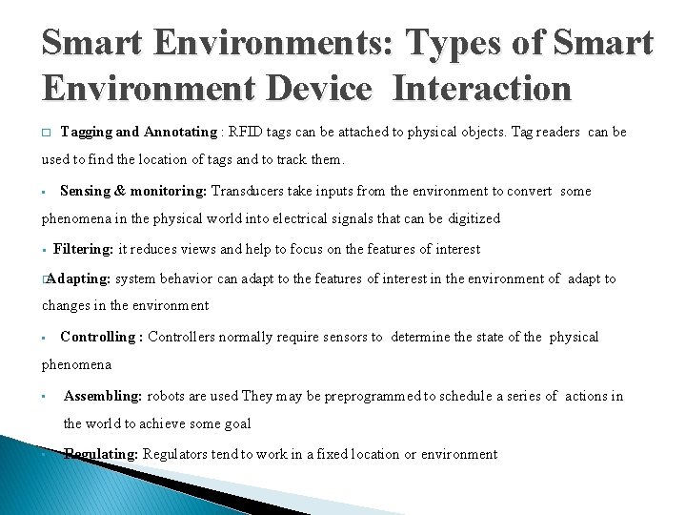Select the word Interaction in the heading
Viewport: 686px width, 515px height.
(481, 89)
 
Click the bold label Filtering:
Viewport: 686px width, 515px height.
(84, 249)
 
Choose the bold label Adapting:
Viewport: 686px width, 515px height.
(78, 278)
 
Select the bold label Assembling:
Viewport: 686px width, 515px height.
(103, 396)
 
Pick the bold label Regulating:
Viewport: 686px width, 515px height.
(101, 454)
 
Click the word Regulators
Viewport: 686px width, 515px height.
(178, 454)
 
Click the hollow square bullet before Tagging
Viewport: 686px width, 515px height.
(46, 133)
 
